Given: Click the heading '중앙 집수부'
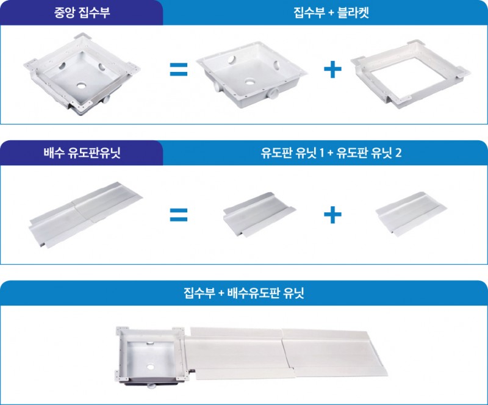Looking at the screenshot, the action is point(82,13).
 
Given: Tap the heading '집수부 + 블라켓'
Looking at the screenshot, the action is point(331,13).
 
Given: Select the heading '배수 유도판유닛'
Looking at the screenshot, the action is point(82,153).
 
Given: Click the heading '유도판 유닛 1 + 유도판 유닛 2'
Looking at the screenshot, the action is point(331,153).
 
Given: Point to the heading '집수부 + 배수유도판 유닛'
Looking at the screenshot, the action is point(243,293).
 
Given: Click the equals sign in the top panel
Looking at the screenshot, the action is point(179,70).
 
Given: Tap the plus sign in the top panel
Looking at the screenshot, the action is point(332,70).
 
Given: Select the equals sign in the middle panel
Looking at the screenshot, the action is point(179,215).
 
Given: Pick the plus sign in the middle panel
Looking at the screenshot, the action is point(332,215).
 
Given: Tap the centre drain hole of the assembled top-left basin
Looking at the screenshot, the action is point(82,85).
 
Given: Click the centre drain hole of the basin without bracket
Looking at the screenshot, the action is point(250,82).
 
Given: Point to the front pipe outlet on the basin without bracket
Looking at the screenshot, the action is point(273,93).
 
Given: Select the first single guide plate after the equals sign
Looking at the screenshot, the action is point(259,214).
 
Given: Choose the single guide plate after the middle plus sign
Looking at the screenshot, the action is point(411,213).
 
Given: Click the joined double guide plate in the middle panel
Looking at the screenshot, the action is point(85,215).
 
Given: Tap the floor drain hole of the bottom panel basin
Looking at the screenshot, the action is point(151,367).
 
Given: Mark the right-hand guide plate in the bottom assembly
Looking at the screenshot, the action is point(334,352).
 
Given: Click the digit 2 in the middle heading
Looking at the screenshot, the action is point(398,153).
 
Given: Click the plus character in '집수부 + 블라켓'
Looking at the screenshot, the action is point(331,13).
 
